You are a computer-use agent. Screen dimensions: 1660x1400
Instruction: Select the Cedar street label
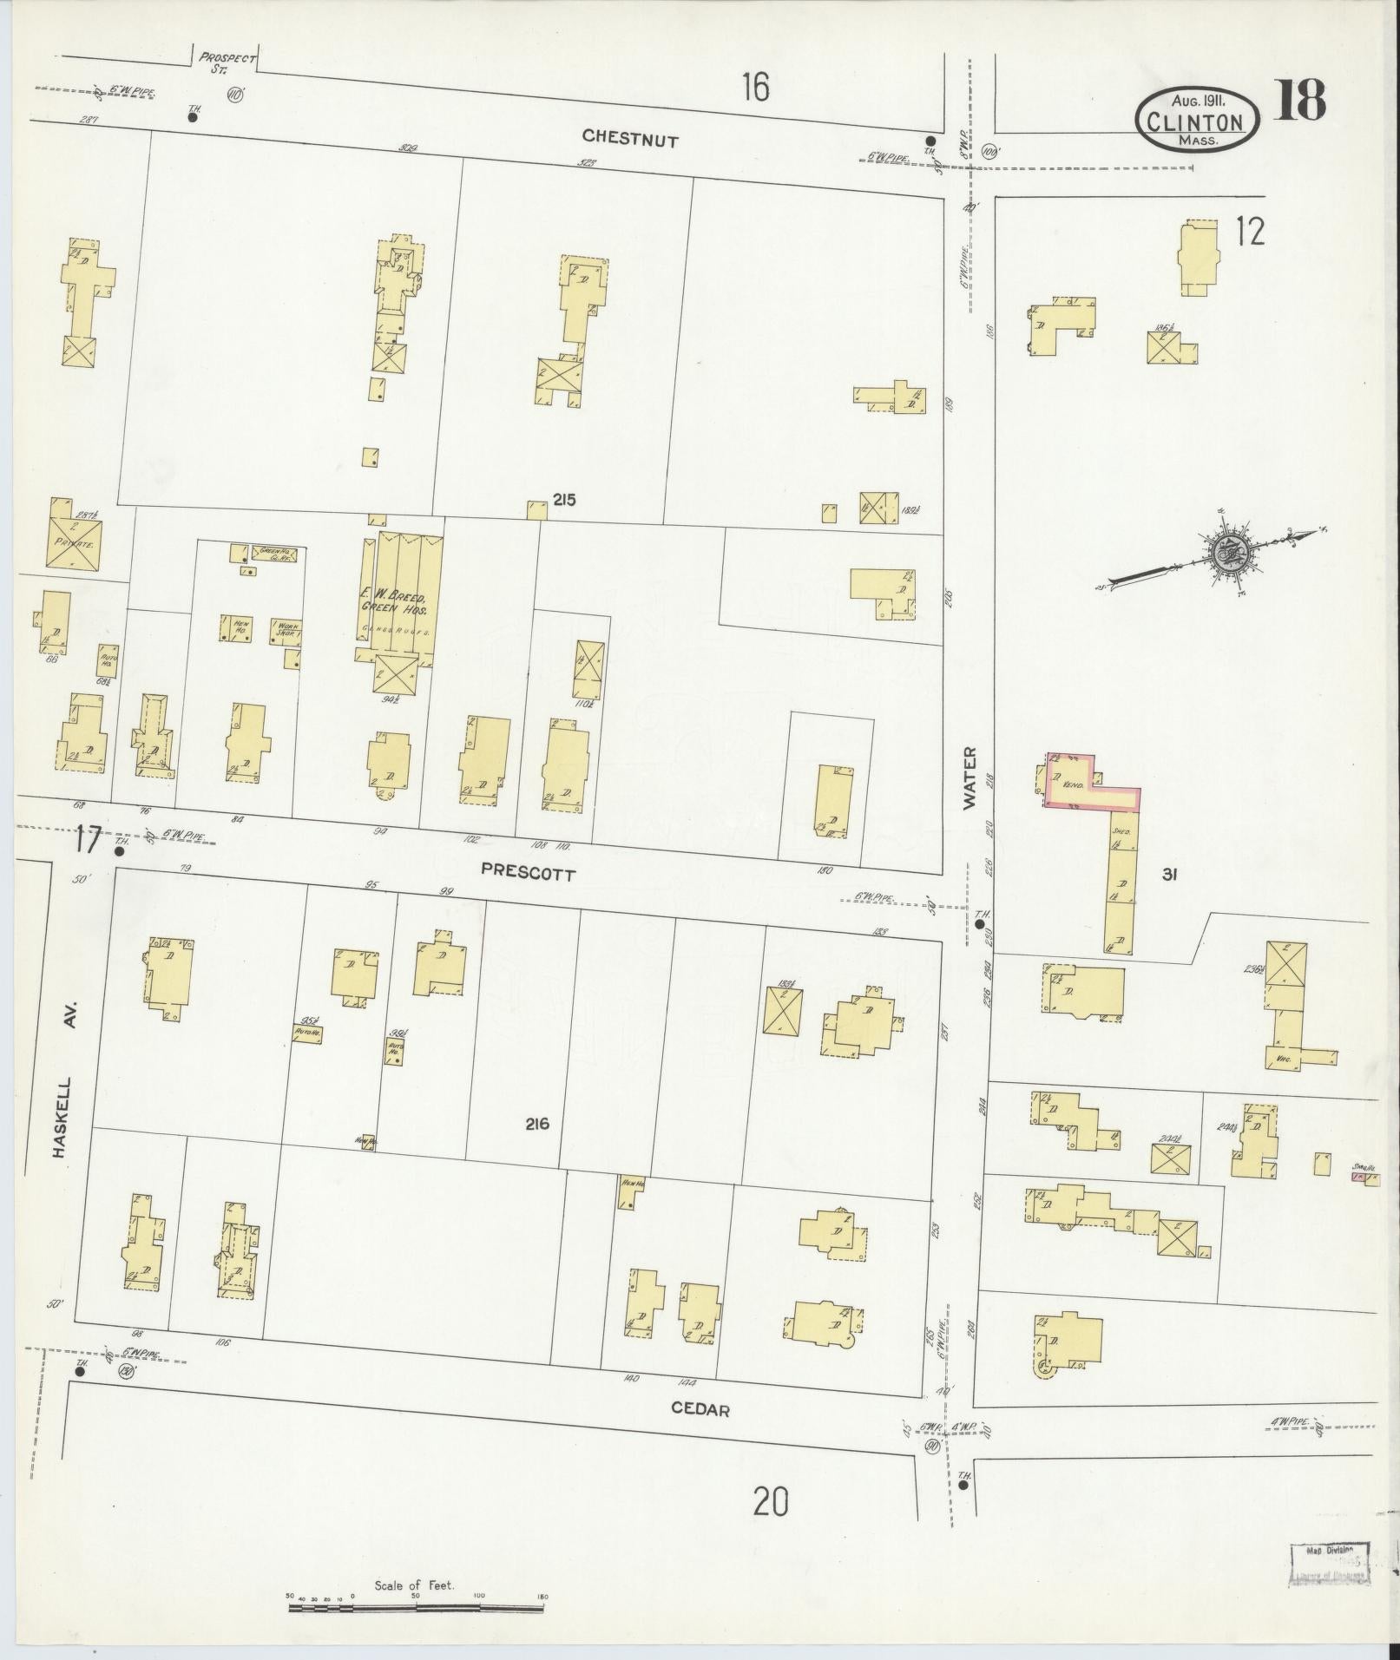(x=700, y=1410)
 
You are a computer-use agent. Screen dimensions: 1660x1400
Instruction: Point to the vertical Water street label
(x=969, y=778)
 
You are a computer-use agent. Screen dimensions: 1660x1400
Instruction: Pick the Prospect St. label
(x=227, y=63)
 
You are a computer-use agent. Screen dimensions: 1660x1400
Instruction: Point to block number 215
(x=564, y=500)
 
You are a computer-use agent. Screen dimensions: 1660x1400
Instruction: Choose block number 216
(x=537, y=1125)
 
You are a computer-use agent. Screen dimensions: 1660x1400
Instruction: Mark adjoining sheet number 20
(x=771, y=1499)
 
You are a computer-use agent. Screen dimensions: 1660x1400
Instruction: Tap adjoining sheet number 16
(x=755, y=88)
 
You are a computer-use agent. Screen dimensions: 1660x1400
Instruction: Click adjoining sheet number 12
(x=1250, y=232)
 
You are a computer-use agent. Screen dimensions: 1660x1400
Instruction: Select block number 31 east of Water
(x=1168, y=876)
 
